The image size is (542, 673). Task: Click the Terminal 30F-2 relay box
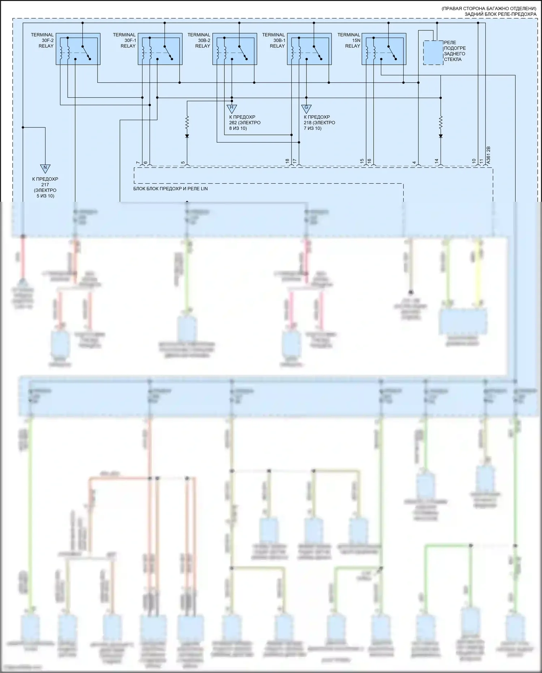(x=78, y=49)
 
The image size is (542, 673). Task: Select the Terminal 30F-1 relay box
(x=160, y=49)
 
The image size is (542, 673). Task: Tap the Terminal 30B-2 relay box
(x=235, y=49)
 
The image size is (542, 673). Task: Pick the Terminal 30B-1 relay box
(x=309, y=49)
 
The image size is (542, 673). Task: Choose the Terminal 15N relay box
(x=384, y=49)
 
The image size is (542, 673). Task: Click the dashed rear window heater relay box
(x=433, y=53)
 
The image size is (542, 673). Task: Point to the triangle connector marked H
(x=232, y=108)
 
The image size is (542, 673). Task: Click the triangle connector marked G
(x=306, y=108)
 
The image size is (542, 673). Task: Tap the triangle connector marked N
(x=45, y=168)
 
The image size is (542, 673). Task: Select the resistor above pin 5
(x=187, y=123)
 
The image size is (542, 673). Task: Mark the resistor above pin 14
(x=440, y=123)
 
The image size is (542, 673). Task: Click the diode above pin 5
(x=187, y=136)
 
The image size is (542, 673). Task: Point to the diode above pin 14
(x=440, y=136)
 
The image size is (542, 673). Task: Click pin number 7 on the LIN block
(x=138, y=163)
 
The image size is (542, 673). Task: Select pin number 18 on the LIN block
(x=288, y=161)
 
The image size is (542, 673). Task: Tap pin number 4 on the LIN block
(x=414, y=163)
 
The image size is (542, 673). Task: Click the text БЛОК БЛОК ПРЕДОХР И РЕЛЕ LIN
(x=171, y=189)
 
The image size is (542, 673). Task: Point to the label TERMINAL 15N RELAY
(x=349, y=41)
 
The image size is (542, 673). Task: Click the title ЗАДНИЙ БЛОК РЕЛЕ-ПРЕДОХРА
(x=500, y=14)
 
